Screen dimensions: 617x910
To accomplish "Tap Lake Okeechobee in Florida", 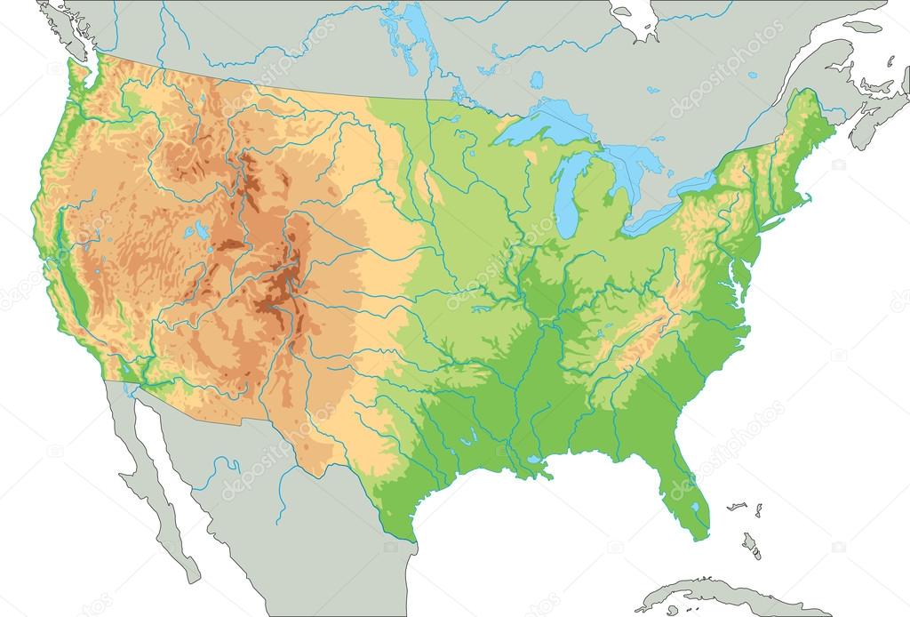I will coord(694,508).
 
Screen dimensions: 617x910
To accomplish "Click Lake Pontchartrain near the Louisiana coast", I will coord(532,461).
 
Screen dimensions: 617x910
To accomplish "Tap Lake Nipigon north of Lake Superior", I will coord(538,80).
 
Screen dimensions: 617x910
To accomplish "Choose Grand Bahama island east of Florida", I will coord(735,506).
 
